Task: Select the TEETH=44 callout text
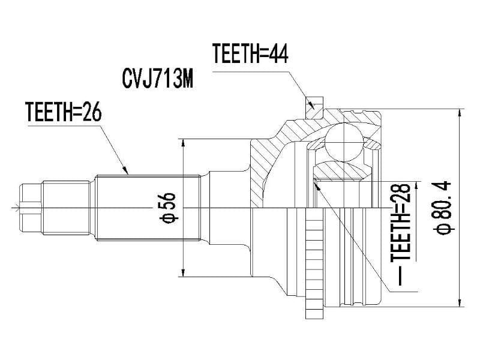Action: point(251,55)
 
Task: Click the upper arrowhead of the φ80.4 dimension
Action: point(459,112)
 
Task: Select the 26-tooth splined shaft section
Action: point(147,207)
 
